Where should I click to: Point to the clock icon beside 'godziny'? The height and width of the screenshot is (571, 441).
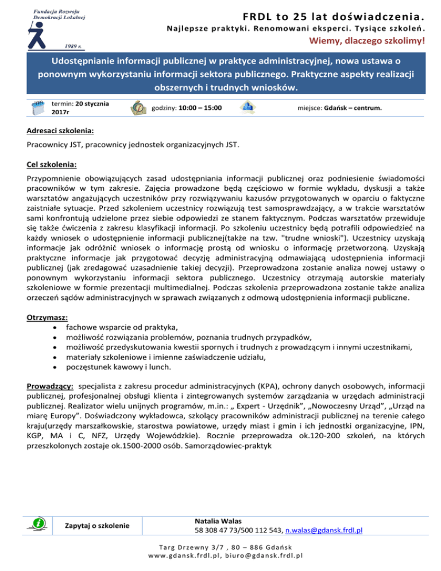click(138, 107)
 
